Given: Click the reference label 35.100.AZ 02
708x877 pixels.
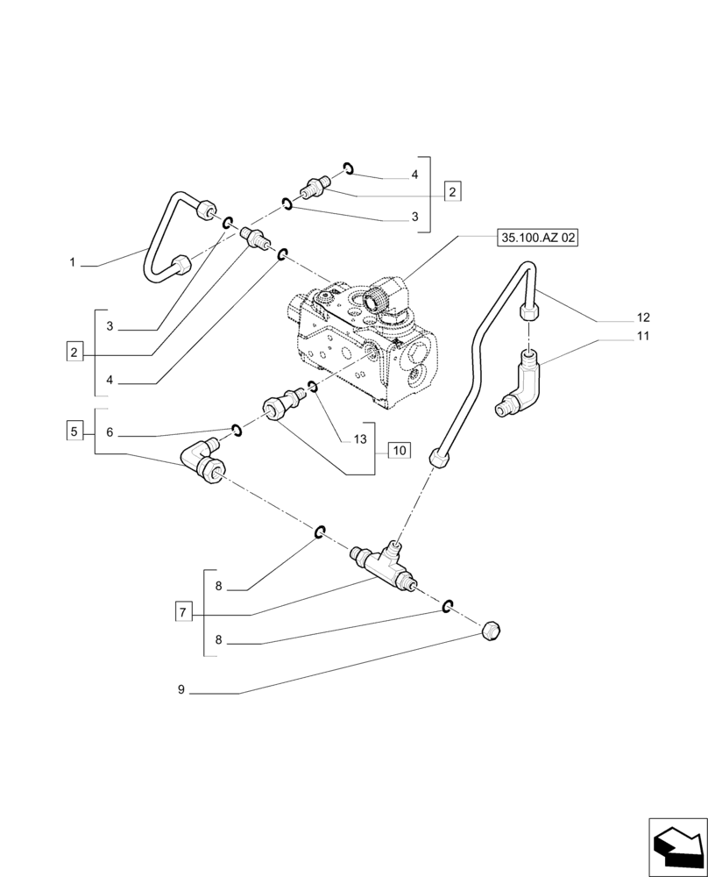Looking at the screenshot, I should click(538, 237).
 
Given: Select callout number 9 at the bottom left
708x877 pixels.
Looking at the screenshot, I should click(181, 690).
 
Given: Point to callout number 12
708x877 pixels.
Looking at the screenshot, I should click(643, 317).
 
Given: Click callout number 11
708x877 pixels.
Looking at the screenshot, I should click(643, 336).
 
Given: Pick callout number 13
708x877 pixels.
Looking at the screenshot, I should click(360, 439).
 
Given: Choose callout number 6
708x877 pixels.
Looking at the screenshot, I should click(110, 432).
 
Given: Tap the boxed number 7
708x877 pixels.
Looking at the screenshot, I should click(182, 611).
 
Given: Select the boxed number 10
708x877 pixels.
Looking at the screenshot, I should click(398, 451).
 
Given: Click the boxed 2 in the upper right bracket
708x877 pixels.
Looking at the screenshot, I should click(451, 191).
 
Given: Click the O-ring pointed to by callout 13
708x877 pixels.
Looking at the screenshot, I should click(313, 387).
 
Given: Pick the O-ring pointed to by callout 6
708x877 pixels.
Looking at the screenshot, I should click(236, 429).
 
